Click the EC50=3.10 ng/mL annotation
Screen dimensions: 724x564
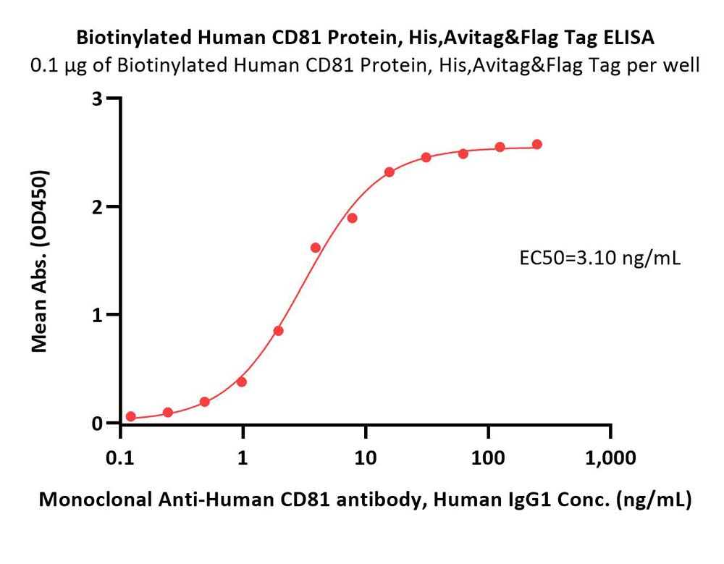click(599, 258)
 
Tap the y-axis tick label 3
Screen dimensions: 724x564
click(97, 98)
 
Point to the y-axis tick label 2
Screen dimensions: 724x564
click(97, 206)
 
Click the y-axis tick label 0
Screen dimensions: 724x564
click(97, 423)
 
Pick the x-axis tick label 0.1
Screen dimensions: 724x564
click(120, 458)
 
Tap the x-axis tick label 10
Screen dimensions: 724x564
click(365, 458)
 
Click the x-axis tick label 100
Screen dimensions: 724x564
click(488, 458)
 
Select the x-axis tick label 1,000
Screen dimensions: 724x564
click(610, 458)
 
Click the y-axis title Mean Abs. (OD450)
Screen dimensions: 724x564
click(40, 261)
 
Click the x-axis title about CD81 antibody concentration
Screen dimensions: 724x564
click(365, 500)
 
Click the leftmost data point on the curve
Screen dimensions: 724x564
click(130, 416)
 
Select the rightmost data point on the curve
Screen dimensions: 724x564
click(536, 145)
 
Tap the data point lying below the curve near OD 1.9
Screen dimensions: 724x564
click(353, 218)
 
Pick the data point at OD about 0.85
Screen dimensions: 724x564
click(278, 331)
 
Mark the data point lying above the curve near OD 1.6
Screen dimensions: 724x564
click(316, 248)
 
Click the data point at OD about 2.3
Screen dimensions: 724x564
click(390, 172)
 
